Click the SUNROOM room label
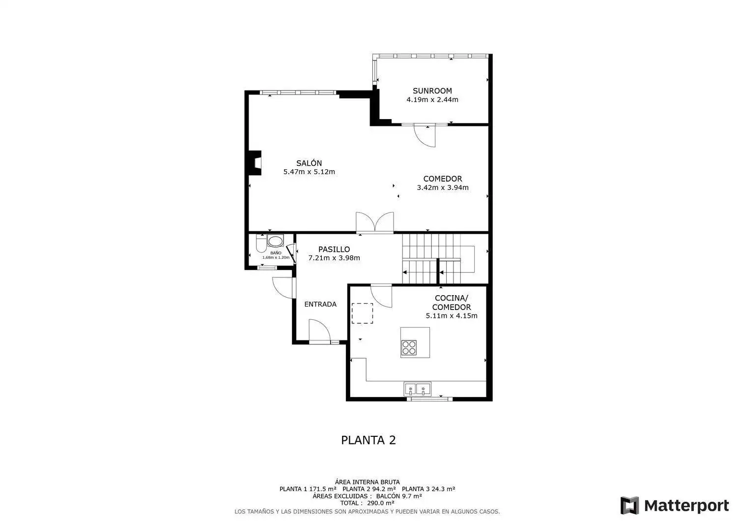pyautogui.click(x=432, y=91)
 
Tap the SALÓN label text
pyautogui.click(x=309, y=163)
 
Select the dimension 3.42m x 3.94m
pyautogui.click(x=443, y=187)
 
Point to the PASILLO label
pyautogui.click(x=334, y=249)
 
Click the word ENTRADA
pyautogui.click(x=320, y=304)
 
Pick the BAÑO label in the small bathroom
pyautogui.click(x=276, y=253)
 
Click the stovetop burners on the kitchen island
pyautogui.click(x=409, y=348)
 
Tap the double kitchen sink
pyautogui.click(x=417, y=389)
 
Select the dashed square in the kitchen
pyautogui.click(x=362, y=313)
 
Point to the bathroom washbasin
pyautogui.click(x=275, y=241)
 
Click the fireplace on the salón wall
pyautogui.click(x=255, y=163)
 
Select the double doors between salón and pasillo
pyautogui.click(x=375, y=222)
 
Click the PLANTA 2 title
pyautogui.click(x=368, y=440)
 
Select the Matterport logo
pyautogui.click(x=675, y=506)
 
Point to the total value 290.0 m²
pyautogui.click(x=381, y=503)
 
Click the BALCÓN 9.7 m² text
pyautogui.click(x=399, y=496)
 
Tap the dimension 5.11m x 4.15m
pyautogui.click(x=452, y=316)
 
